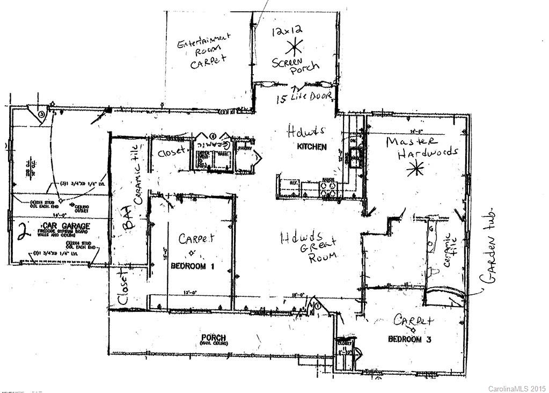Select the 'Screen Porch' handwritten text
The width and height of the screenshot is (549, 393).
(x=295, y=65)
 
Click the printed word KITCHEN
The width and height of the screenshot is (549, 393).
(x=311, y=147)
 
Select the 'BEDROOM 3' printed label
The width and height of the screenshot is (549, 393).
(x=410, y=339)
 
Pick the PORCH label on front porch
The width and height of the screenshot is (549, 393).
(x=213, y=338)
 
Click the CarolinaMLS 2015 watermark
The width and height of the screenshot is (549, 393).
(x=516, y=388)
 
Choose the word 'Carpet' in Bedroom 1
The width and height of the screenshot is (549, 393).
(x=196, y=238)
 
